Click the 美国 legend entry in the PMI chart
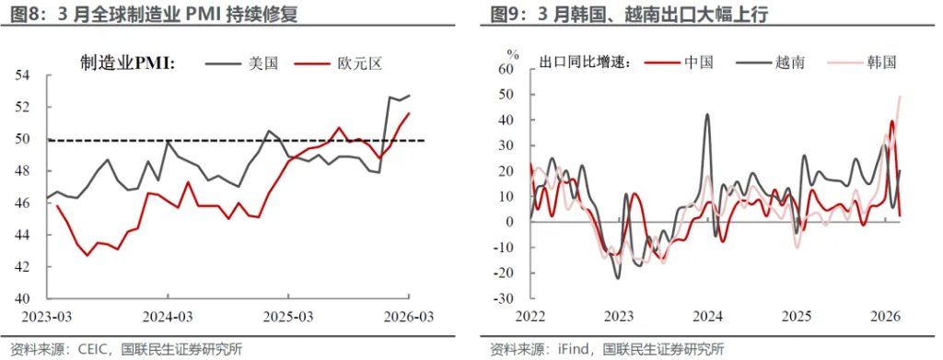click(x=263, y=64)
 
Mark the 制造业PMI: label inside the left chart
click(x=128, y=64)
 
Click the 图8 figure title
click(x=26, y=14)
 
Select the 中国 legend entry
click(x=699, y=62)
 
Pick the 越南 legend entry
click(x=790, y=62)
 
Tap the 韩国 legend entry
click(x=881, y=62)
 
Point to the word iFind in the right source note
click(x=576, y=349)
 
